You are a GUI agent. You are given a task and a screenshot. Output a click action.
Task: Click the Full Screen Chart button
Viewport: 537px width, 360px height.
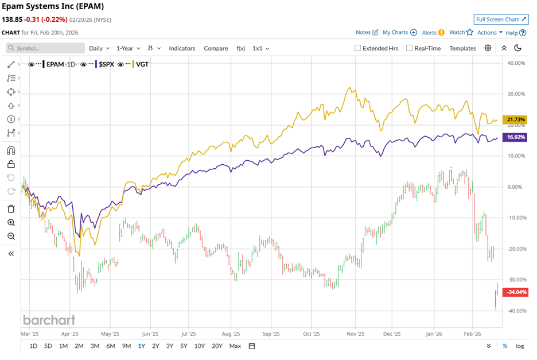click(501, 20)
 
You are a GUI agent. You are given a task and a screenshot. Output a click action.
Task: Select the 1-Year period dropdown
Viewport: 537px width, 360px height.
click(129, 48)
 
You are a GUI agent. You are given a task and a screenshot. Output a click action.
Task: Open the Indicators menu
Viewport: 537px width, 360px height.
click(182, 48)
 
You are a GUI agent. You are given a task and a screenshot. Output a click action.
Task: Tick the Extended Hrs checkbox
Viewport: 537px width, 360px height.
click(358, 48)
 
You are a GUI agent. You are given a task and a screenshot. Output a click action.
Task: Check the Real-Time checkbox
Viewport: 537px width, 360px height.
click(409, 48)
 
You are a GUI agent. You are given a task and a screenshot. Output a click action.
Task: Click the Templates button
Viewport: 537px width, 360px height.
click(462, 48)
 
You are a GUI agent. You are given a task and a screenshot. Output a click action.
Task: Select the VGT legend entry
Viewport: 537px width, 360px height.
click(141, 64)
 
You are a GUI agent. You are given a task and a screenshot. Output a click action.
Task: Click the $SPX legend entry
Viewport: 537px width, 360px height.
click(105, 64)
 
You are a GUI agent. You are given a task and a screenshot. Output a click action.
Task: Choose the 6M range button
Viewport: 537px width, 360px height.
click(110, 346)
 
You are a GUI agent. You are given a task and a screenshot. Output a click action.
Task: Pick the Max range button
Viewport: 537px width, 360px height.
click(235, 346)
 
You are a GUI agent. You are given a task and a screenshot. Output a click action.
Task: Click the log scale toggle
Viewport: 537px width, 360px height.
click(520, 346)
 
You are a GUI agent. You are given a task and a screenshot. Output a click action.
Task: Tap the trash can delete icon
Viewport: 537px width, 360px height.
click(11, 209)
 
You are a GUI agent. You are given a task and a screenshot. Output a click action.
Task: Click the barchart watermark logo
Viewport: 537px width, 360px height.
click(49, 320)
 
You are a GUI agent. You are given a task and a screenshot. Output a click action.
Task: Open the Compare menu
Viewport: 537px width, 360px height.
click(216, 48)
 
